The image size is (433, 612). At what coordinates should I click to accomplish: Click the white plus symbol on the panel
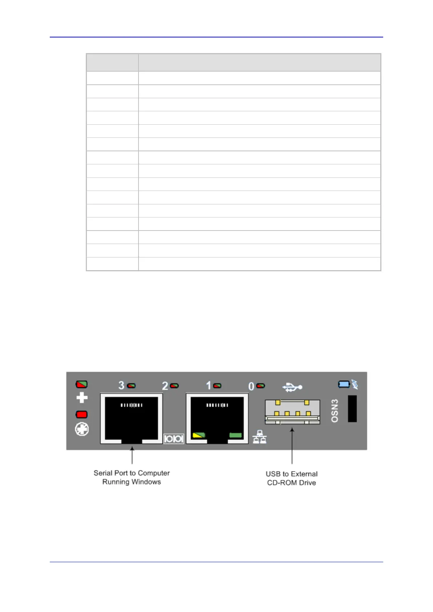82,398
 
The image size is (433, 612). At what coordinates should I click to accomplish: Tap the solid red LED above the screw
81,414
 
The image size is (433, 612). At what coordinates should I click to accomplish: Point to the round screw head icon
82,429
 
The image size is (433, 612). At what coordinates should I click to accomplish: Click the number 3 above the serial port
121,385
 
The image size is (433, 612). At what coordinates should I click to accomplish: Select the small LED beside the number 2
175,385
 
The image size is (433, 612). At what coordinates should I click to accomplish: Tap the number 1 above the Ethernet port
209,385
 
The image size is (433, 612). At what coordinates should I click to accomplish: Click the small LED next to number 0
261,385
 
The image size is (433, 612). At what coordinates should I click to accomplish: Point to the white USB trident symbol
292,387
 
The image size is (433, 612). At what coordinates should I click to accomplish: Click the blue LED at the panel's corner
344,384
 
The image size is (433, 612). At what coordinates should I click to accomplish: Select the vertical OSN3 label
335,411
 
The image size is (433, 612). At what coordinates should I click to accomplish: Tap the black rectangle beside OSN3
352,409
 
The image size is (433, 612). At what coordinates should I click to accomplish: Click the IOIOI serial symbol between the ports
174,439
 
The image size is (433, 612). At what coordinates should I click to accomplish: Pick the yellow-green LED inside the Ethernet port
199,435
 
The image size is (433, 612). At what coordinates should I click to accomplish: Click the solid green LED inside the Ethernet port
236,435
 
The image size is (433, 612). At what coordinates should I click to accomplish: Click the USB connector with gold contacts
292,412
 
